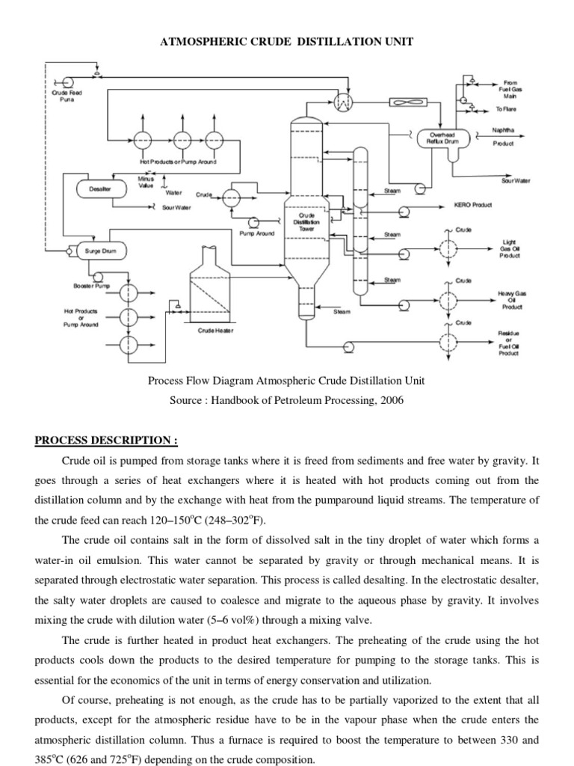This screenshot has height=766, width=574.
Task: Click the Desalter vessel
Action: [x=99, y=190]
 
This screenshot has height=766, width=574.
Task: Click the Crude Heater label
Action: [x=215, y=330]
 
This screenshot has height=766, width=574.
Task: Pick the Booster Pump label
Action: [x=91, y=287]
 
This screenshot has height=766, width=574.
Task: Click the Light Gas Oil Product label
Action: [x=510, y=249]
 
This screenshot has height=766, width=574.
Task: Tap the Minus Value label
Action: [x=145, y=182]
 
